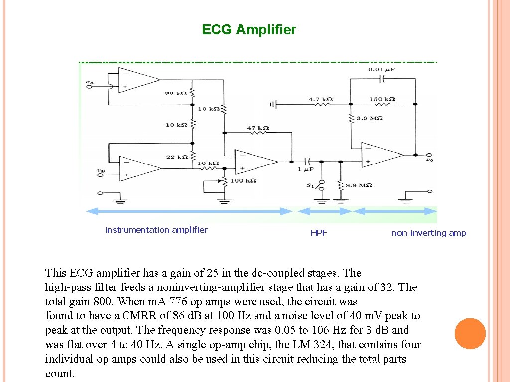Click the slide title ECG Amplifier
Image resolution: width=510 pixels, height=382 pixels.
click(x=249, y=30)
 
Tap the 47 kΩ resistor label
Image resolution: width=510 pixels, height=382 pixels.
click(x=258, y=128)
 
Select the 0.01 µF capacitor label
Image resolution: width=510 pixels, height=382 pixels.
click(x=382, y=69)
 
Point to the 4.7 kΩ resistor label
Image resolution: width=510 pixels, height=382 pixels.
click(x=320, y=99)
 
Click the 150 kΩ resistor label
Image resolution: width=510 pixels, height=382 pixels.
click(x=382, y=99)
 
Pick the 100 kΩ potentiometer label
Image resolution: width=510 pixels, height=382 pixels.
click(x=243, y=180)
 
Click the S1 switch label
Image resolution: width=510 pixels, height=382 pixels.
click(x=310, y=186)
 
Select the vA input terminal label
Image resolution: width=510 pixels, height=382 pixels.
click(x=89, y=81)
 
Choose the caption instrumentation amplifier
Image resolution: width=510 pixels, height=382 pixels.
click(x=156, y=230)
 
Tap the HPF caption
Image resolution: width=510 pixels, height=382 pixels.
click(x=319, y=233)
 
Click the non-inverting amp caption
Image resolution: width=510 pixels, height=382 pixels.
click(x=429, y=233)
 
